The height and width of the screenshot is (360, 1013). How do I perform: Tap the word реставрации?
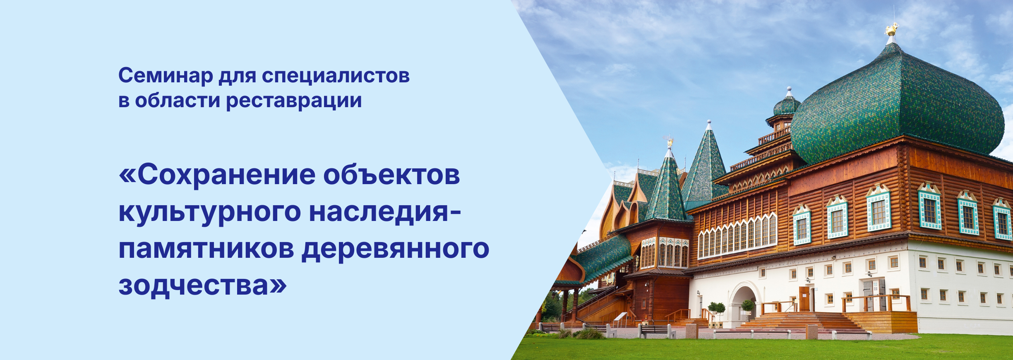(x=294, y=101)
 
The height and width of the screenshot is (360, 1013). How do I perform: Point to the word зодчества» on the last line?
(x=203, y=286)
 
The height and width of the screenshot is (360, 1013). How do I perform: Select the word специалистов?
(x=336, y=76)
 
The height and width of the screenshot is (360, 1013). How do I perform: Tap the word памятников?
(x=206, y=249)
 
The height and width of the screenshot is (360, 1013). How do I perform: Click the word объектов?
(x=391, y=175)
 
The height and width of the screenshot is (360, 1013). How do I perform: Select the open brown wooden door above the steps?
(x=804, y=299)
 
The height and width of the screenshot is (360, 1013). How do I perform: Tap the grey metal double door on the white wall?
(x=874, y=295)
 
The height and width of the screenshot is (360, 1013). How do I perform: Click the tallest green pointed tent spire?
(x=708, y=166)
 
